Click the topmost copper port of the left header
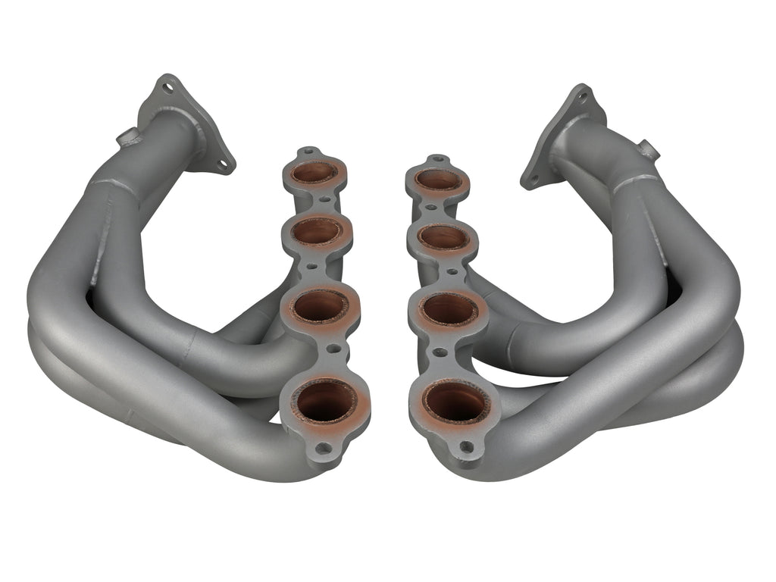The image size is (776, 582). click(x=313, y=173)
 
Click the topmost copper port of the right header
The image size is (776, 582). click(x=439, y=180)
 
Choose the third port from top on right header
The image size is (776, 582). click(x=448, y=309)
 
